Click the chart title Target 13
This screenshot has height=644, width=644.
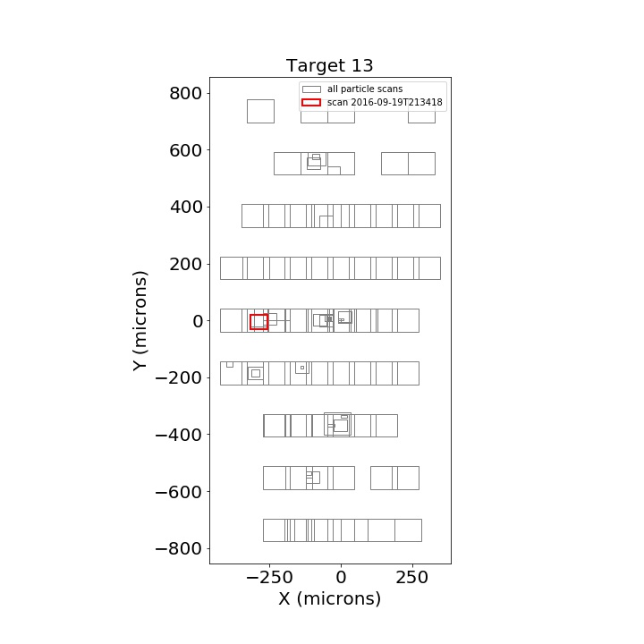[x=329, y=65]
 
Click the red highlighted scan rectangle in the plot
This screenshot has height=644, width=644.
[x=258, y=315]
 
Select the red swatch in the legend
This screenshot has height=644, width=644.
[x=311, y=102]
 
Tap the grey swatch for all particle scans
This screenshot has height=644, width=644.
[x=311, y=89]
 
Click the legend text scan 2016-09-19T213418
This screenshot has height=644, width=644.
[x=385, y=102]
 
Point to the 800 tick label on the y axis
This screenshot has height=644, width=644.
[x=186, y=94]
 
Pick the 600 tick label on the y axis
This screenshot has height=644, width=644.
[x=186, y=151]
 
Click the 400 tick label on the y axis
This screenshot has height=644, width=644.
[x=186, y=208]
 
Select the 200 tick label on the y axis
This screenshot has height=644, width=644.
[x=186, y=265]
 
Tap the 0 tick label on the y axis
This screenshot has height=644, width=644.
[x=198, y=321]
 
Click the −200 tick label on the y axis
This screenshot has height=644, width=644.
[x=178, y=377]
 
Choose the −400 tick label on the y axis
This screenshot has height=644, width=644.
[x=178, y=435]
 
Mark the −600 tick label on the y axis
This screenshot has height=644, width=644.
[x=178, y=492]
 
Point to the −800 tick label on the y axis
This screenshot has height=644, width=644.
[x=178, y=548]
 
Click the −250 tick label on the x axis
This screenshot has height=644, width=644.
[x=269, y=578]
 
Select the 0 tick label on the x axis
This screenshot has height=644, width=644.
[x=341, y=578]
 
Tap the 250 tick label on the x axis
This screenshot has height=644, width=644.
[x=412, y=578]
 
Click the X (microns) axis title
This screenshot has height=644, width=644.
[x=330, y=598]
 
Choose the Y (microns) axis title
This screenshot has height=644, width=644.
[x=140, y=321]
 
